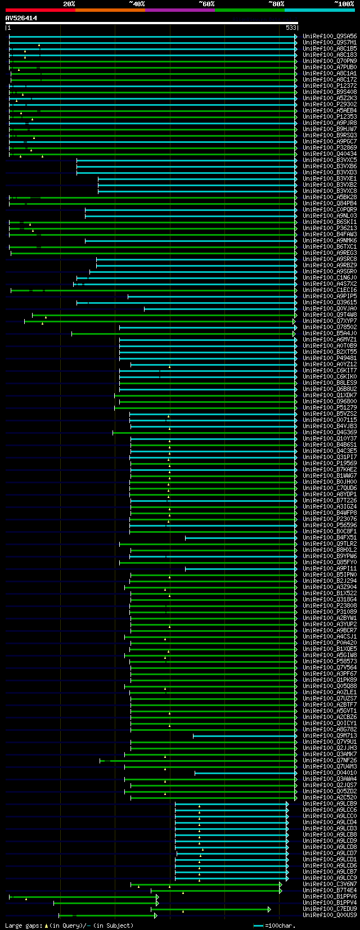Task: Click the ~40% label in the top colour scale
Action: (137, 4)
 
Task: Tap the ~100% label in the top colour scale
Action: (344, 4)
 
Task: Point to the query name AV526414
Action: (21, 18)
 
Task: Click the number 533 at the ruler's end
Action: (291, 28)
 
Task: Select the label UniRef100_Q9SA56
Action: (330, 36)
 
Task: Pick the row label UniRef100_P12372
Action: (330, 86)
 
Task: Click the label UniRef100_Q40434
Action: (330, 154)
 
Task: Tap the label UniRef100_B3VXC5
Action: (330, 160)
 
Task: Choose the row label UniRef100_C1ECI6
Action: (330, 290)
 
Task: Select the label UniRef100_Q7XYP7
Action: (330, 321)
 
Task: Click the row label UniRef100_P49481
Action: (330, 358)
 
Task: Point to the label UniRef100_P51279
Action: (330, 407)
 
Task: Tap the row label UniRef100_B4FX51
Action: (330, 537)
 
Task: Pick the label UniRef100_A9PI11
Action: (330, 568)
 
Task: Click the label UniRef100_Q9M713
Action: (330, 735)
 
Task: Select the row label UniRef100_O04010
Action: (330, 772)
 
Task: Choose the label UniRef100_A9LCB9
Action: (330, 803)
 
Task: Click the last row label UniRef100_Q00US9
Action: (330, 915)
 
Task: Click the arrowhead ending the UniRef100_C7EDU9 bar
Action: (269, 909)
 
